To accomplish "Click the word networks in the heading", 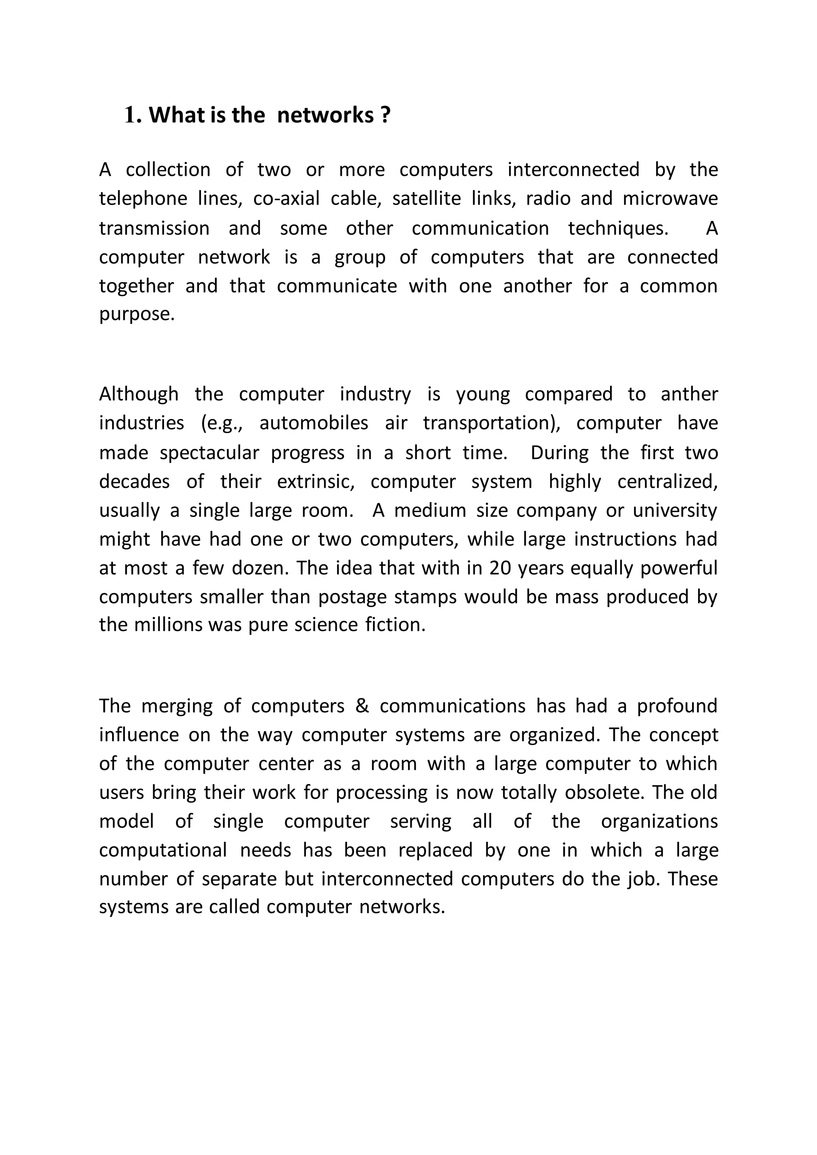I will click(325, 116).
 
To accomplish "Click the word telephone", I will click(143, 199).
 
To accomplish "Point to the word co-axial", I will click(286, 199).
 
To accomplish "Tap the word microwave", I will click(670, 199).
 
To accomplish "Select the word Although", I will click(138, 394).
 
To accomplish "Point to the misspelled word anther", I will click(689, 394).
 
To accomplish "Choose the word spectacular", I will click(209, 453).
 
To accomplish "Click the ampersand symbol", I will click(362, 706).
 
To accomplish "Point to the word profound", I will click(677, 706).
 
